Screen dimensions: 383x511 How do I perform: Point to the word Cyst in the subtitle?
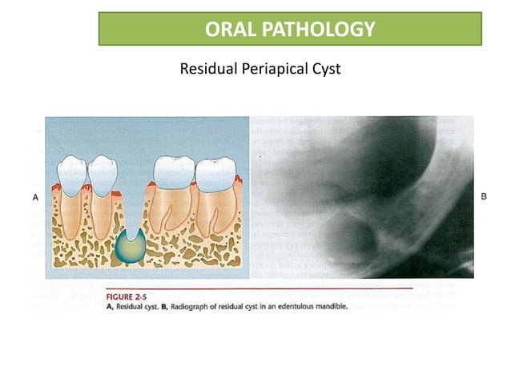pyautogui.click(x=326, y=69)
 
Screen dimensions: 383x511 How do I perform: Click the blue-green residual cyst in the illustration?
pyautogui.click(x=130, y=246)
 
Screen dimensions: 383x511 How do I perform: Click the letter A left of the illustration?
pyautogui.click(x=36, y=196)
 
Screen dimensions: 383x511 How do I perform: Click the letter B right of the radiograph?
pyautogui.click(x=483, y=196)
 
